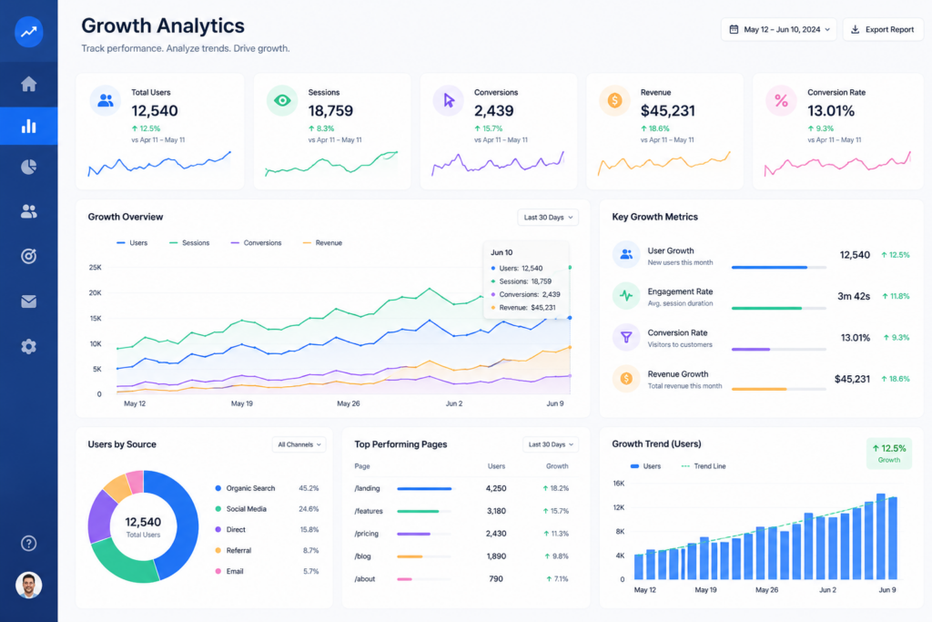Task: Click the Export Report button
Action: [x=883, y=29]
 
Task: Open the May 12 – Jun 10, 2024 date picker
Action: [x=779, y=29]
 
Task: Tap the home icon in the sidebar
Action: [x=28, y=84]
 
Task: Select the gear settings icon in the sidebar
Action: [x=28, y=347]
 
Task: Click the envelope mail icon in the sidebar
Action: [x=28, y=301]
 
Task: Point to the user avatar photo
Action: [x=28, y=586]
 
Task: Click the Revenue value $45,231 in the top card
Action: [x=667, y=110]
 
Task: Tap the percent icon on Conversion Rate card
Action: [x=781, y=100]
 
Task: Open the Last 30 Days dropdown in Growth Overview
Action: [x=548, y=217]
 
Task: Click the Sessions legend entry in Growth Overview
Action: [x=189, y=242]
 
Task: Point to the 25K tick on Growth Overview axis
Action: [x=95, y=268]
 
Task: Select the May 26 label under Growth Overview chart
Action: [x=349, y=403]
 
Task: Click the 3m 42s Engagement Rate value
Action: [x=854, y=296]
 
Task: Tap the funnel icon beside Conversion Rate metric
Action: [x=626, y=337]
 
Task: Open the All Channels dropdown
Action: [x=299, y=444]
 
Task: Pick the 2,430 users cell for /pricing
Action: [x=496, y=534]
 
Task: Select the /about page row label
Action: [x=365, y=578]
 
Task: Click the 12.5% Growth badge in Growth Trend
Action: [x=888, y=454]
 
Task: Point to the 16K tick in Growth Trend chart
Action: [x=619, y=484]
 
